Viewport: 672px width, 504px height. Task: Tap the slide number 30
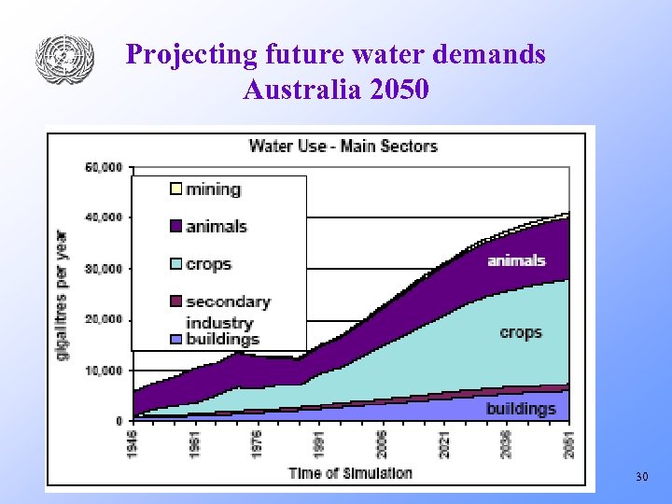(641, 477)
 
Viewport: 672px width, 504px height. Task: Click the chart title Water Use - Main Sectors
(343, 146)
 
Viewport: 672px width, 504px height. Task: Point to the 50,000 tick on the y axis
(104, 167)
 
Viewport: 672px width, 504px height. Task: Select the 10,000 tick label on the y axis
(104, 370)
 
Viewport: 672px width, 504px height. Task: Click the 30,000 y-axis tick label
(104, 269)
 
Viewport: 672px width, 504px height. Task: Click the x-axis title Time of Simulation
(350, 472)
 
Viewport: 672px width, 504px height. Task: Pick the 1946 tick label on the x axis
(133, 442)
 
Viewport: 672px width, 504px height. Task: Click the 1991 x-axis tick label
(319, 442)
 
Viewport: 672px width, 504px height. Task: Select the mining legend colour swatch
(175, 189)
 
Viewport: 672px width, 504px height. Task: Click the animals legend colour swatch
(175, 227)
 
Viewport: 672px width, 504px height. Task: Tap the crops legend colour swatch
(175, 264)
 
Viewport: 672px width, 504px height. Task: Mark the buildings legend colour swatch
(175, 339)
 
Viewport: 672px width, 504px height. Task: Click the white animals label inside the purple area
(516, 260)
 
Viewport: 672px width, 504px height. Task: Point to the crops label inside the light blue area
(520, 332)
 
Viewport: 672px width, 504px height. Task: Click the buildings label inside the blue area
(520, 409)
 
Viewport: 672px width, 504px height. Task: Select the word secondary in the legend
(228, 301)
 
